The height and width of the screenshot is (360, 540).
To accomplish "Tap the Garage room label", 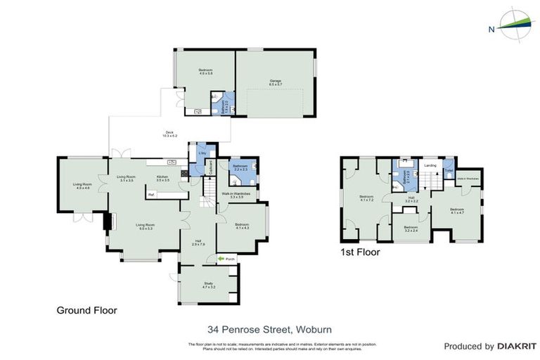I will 275,82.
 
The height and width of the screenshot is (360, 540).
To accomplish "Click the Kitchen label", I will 162,179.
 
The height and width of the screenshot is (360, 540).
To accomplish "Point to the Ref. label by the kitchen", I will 151,194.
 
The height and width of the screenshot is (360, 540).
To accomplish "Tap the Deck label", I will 169,134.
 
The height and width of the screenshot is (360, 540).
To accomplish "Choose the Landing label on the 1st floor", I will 430,165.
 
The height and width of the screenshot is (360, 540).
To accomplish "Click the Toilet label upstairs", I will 449,170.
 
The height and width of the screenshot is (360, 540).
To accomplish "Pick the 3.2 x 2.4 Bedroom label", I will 411,229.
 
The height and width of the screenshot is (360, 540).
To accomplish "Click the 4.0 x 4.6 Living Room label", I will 82,186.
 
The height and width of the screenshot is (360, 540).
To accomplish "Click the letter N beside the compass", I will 491,29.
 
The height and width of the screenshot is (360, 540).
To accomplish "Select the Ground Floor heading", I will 86,310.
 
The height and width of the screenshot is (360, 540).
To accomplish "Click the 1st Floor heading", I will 359,250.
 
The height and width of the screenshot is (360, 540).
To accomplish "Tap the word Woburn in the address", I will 313,329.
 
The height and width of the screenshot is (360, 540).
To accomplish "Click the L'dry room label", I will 202,153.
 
